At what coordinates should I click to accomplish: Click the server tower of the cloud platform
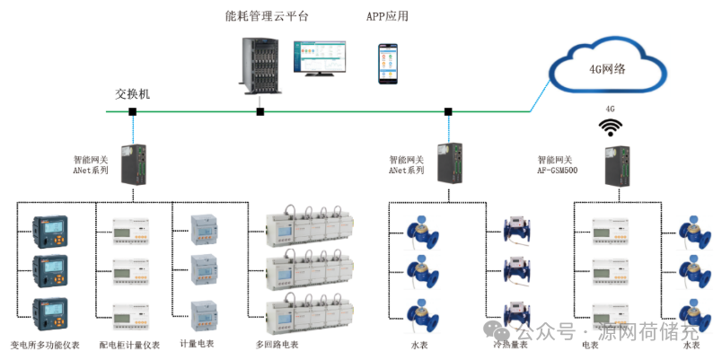pyautogui.click(x=260, y=58)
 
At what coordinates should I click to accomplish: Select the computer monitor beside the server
pyautogui.click(x=323, y=57)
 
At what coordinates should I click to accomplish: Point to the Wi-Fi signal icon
pyautogui.click(x=612, y=127)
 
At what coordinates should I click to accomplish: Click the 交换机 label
pyautogui.click(x=133, y=93)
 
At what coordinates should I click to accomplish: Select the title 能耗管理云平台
pyautogui.click(x=267, y=16)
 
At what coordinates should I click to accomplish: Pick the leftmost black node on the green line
pyautogui.click(x=132, y=111)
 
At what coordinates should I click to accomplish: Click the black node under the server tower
pyautogui.click(x=260, y=111)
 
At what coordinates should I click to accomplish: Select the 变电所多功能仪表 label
pyautogui.click(x=45, y=345)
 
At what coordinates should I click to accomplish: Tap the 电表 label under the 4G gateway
pyautogui.click(x=590, y=345)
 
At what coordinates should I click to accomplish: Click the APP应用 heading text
pyautogui.click(x=387, y=16)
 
